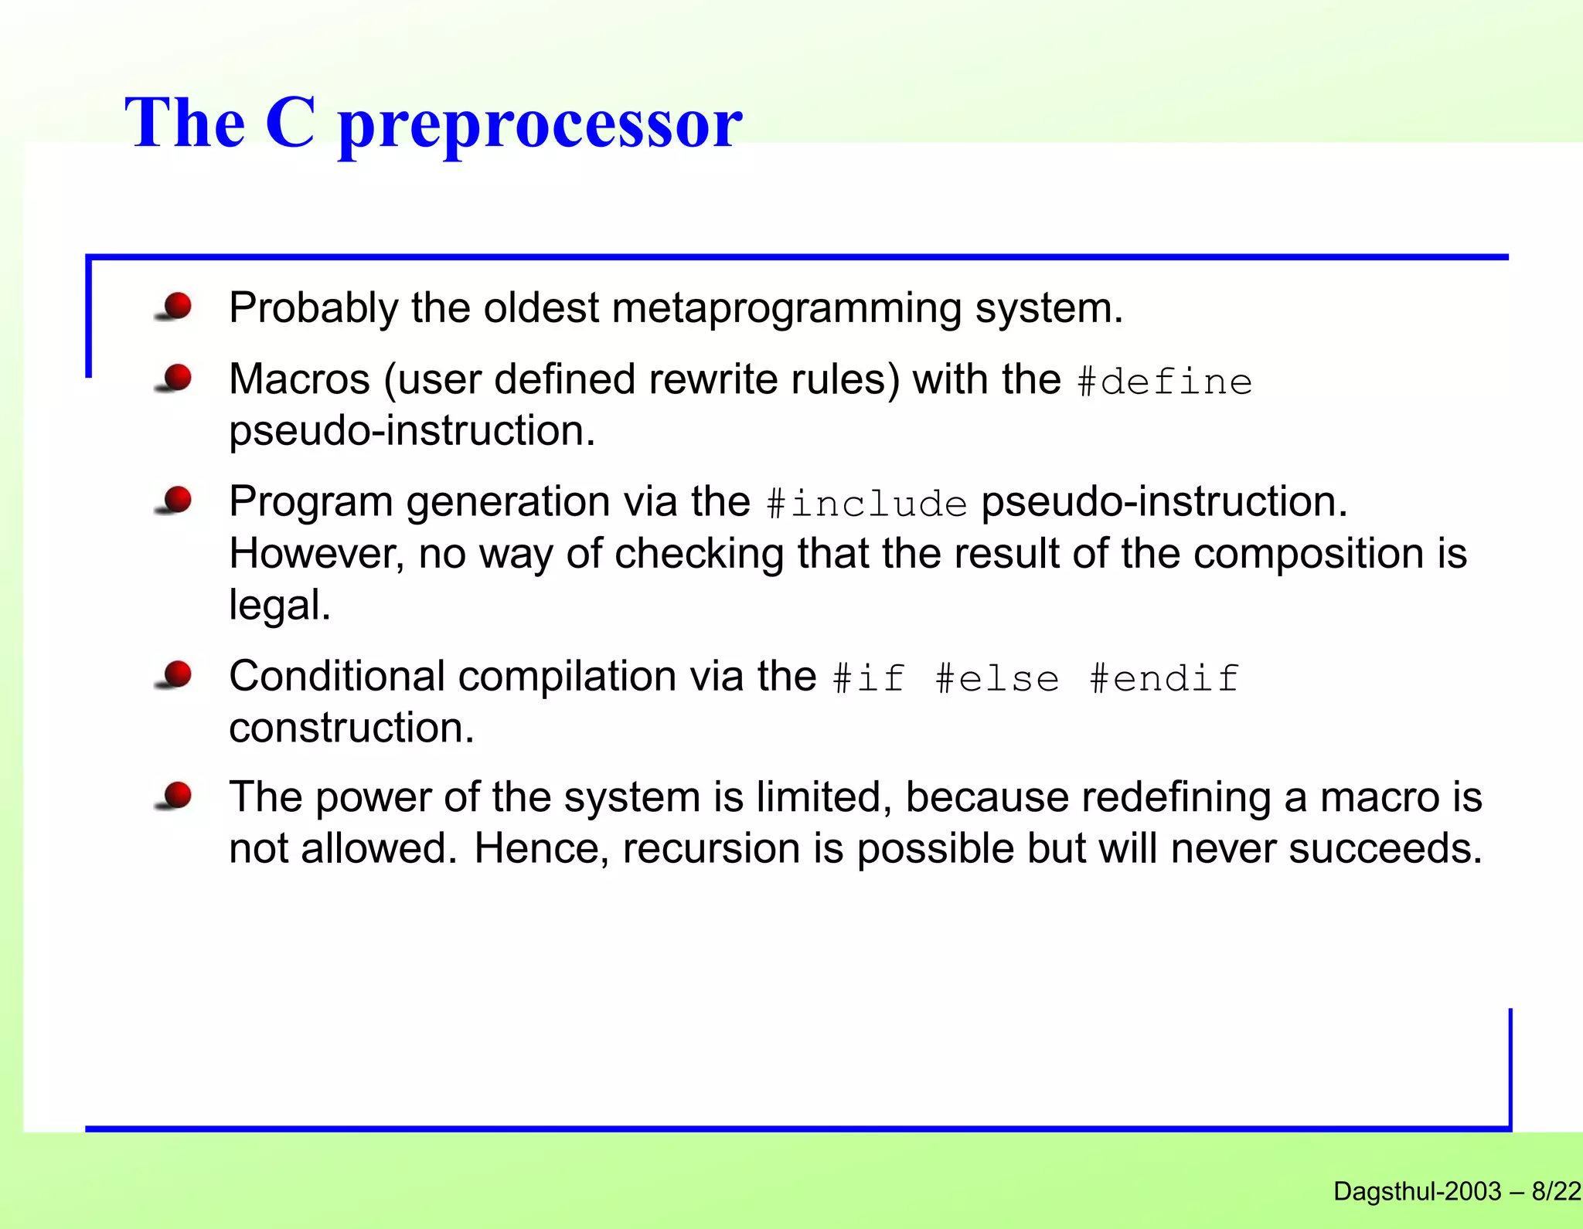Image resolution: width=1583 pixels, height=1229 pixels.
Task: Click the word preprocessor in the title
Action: (540, 125)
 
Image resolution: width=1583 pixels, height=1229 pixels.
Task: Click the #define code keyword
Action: (1164, 382)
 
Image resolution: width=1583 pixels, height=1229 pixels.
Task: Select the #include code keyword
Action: (866, 504)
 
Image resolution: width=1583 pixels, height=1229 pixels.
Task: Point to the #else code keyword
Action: (997, 678)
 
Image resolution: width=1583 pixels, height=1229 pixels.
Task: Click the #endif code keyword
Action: (1164, 678)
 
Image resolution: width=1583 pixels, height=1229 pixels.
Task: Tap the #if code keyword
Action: (869, 678)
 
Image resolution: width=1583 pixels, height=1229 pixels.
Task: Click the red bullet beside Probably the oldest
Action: (177, 306)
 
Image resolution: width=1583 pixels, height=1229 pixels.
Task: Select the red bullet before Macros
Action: (177, 378)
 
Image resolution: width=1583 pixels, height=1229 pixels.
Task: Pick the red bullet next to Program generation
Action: (177, 500)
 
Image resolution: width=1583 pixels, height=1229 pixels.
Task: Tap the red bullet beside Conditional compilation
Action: (177, 674)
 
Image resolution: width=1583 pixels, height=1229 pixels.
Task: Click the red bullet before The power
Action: (177, 795)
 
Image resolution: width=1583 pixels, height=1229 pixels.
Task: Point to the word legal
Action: (279, 605)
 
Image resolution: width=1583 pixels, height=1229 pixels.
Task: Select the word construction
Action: (351, 728)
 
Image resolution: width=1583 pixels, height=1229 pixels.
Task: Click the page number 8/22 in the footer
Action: (1556, 1190)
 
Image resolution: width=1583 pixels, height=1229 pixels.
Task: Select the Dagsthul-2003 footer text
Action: (1417, 1190)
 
